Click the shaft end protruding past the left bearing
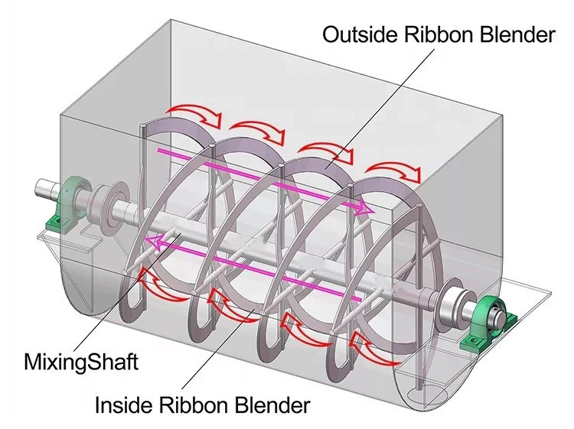pos(43,189)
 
